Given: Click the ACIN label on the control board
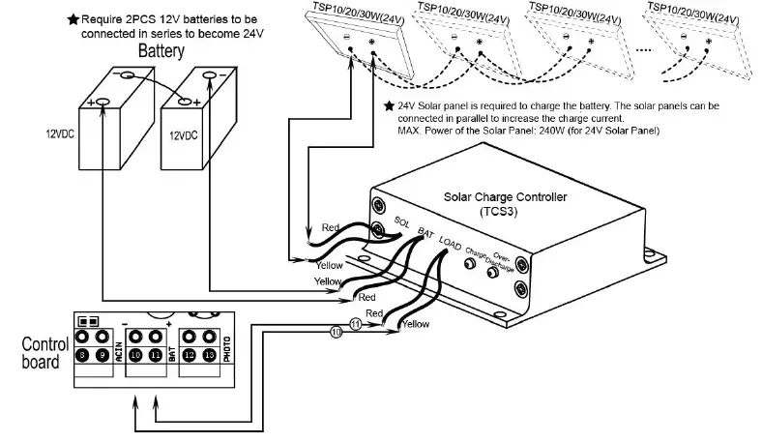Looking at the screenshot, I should [x=117, y=347].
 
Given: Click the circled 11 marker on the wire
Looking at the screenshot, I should [x=356, y=324].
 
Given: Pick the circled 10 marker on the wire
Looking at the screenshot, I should [x=337, y=332].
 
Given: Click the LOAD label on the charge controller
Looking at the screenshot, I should [x=450, y=242].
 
